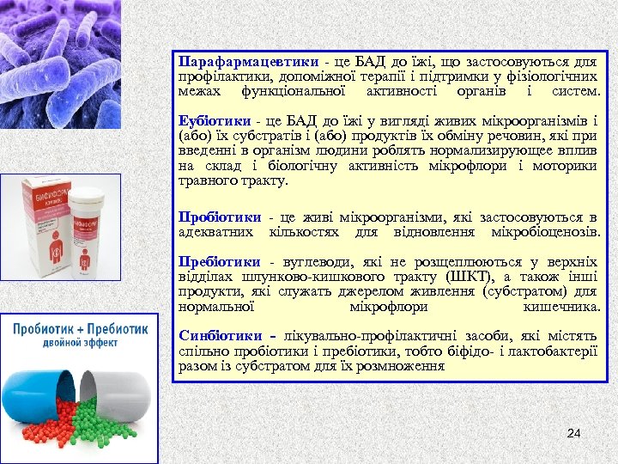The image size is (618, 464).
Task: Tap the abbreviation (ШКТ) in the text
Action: (467, 277)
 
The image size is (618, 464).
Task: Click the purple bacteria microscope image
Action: (60, 60)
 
